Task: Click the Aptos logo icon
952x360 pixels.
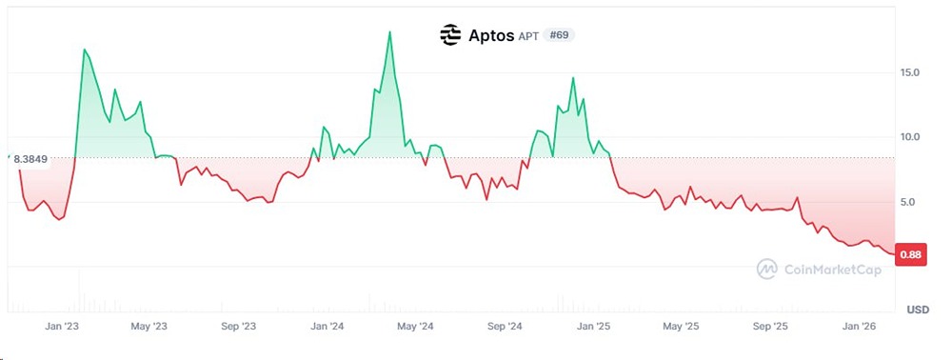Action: [x=450, y=35]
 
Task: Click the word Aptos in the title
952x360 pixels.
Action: [x=490, y=35]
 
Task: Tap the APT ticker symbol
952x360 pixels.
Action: [x=528, y=36]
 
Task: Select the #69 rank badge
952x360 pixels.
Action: [x=559, y=35]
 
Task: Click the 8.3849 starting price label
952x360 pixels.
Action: [x=30, y=159]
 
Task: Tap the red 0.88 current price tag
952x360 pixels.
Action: [x=910, y=254]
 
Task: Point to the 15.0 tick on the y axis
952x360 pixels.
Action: [x=909, y=73]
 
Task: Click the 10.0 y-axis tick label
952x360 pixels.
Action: [x=909, y=137]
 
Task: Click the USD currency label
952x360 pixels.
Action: [x=917, y=310]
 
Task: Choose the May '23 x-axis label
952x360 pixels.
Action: [x=148, y=327]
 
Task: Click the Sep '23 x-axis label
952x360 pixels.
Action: [x=238, y=327]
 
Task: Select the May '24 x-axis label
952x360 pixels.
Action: [x=414, y=327]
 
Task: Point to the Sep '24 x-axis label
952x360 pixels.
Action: [x=504, y=327]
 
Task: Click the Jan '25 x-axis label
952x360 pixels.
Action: [x=593, y=327]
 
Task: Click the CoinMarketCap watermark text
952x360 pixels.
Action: [x=831, y=270]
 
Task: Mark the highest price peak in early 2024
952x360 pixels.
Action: [x=390, y=32]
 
